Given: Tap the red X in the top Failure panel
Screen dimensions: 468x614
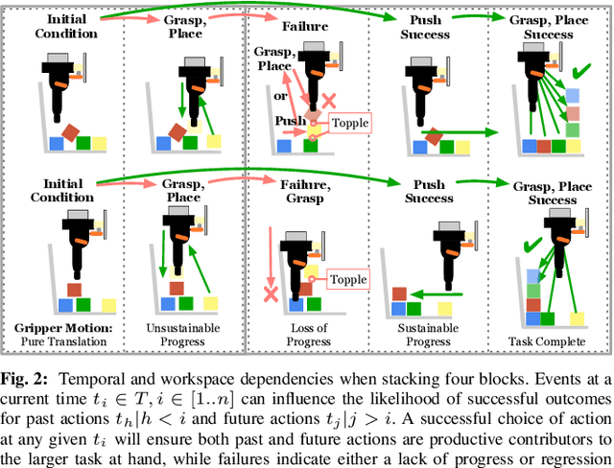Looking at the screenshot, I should click(328, 101).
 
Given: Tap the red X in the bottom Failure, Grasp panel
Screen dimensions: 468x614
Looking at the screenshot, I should click(272, 292).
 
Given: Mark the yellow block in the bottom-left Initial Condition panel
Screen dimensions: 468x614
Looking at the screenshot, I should click(108, 306).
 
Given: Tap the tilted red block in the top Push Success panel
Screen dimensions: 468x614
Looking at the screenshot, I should click(434, 138).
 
